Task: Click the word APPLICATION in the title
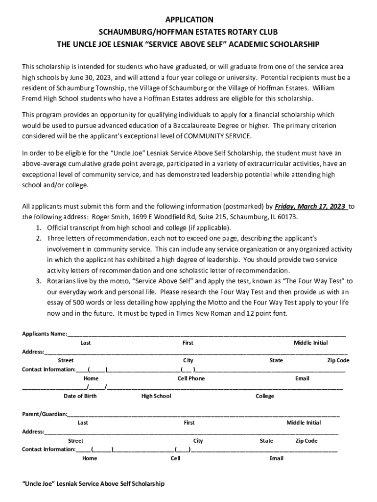(x=188, y=20)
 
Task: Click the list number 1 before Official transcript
(x=38, y=227)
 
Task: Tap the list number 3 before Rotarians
(x=38, y=281)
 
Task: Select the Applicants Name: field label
(x=45, y=334)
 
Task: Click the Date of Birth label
(x=80, y=396)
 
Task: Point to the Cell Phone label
(x=191, y=378)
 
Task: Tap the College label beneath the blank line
(x=265, y=396)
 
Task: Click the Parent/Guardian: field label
(x=45, y=414)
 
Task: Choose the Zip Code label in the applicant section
(x=338, y=360)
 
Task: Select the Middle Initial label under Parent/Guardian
(x=304, y=423)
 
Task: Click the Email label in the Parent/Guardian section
(x=276, y=458)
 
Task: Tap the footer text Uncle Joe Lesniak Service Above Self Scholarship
(x=94, y=483)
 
